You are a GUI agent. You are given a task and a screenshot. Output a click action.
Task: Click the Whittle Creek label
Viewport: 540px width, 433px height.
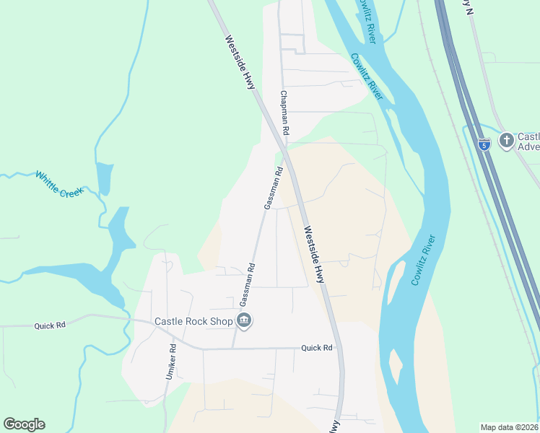tap(59, 184)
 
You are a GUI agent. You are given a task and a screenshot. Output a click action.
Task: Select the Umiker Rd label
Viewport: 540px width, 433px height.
tap(171, 362)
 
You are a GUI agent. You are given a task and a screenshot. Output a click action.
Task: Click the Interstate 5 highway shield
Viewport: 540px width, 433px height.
tap(484, 144)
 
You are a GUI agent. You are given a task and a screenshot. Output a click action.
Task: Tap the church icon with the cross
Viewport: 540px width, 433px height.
tap(506, 140)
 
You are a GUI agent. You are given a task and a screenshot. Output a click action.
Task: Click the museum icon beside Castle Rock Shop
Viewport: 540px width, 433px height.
tap(244, 321)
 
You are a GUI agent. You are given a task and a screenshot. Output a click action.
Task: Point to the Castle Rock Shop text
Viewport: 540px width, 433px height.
tap(193, 322)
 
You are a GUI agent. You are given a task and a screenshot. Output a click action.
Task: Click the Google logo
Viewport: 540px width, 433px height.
tap(24, 424)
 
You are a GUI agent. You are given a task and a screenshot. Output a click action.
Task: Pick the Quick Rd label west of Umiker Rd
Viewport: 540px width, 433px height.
tap(50, 325)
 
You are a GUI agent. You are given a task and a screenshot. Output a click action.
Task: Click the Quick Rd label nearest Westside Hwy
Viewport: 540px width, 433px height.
tap(317, 348)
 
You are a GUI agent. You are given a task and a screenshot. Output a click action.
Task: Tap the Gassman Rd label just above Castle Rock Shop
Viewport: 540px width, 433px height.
tap(247, 282)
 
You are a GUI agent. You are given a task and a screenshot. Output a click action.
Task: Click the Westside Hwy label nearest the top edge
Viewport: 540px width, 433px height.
tap(240, 61)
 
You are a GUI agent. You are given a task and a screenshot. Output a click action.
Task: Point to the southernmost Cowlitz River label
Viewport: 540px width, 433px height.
tap(425, 260)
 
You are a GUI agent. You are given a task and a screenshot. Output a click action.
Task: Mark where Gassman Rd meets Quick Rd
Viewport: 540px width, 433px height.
tap(232, 348)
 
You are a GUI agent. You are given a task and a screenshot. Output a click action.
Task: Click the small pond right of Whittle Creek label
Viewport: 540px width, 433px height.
tap(104, 178)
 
